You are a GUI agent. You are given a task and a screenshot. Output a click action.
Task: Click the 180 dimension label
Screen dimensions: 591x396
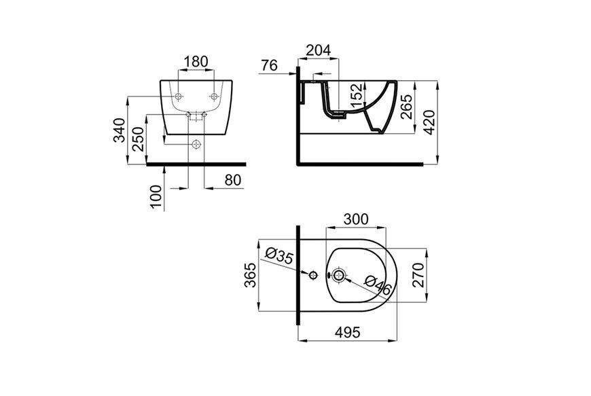[x=196, y=61]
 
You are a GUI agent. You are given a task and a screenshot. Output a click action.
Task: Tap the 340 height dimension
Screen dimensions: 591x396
[x=120, y=130]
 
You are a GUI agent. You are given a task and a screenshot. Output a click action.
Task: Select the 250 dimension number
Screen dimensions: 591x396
[x=138, y=139]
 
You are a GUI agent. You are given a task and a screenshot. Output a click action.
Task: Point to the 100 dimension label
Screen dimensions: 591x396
[x=156, y=196]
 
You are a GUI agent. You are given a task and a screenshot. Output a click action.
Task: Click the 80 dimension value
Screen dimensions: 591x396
[x=232, y=180]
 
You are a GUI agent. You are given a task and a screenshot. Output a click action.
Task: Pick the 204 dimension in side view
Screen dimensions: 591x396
[x=318, y=50]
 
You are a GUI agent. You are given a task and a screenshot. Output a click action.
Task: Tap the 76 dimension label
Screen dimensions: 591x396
[x=269, y=65]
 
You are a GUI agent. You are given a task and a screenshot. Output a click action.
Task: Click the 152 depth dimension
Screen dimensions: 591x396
[x=357, y=95]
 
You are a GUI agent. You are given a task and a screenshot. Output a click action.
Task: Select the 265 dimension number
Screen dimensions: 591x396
[x=407, y=107]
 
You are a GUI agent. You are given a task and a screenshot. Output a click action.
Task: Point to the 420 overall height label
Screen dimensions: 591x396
[x=429, y=122]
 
